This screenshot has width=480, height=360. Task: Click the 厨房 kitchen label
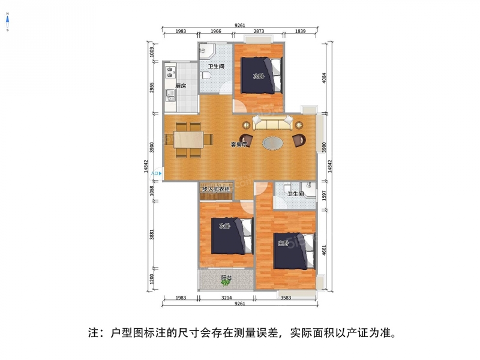click(181, 86)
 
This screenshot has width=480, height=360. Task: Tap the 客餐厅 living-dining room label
click(239, 145)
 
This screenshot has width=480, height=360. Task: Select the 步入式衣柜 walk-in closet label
click(216, 190)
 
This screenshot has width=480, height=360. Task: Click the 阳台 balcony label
click(227, 278)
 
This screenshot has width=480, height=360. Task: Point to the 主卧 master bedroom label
click(283, 244)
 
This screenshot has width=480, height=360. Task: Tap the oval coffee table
click(274, 143)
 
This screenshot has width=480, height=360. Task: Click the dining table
click(188, 140)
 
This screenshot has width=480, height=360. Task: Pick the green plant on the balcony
click(226, 283)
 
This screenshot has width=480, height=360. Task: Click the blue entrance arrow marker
click(160, 173)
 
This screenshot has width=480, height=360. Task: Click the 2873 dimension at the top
click(259, 31)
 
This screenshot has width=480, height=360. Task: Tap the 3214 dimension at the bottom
click(227, 298)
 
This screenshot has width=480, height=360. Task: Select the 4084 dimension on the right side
click(325, 78)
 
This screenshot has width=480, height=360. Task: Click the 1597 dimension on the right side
click(325, 196)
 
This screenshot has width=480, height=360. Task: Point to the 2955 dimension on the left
click(152, 88)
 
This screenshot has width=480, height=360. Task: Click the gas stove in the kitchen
click(170, 72)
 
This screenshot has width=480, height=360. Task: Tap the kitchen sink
click(170, 95)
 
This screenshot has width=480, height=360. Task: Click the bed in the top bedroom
click(261, 76)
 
